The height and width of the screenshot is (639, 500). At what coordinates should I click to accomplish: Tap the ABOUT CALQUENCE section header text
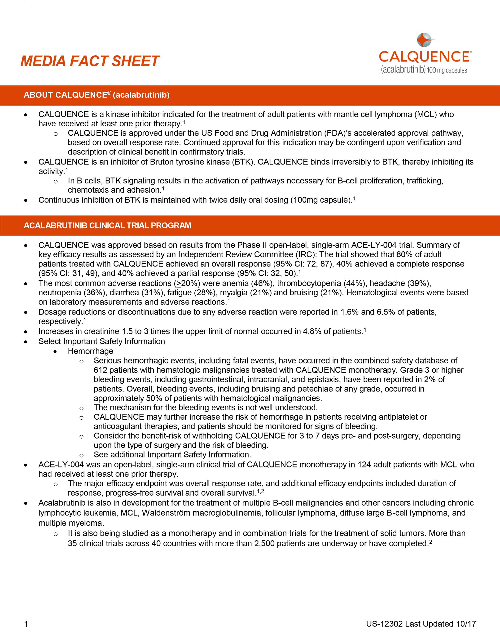point(96,95)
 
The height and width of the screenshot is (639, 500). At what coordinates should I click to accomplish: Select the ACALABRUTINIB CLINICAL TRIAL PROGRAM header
point(107,226)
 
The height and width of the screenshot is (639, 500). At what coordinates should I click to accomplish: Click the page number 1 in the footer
point(26,624)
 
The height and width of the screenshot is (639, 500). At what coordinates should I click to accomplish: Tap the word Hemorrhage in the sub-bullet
point(90,351)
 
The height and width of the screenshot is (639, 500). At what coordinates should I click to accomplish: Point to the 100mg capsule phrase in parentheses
point(321,200)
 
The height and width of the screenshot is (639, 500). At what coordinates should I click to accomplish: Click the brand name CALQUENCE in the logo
point(424,57)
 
